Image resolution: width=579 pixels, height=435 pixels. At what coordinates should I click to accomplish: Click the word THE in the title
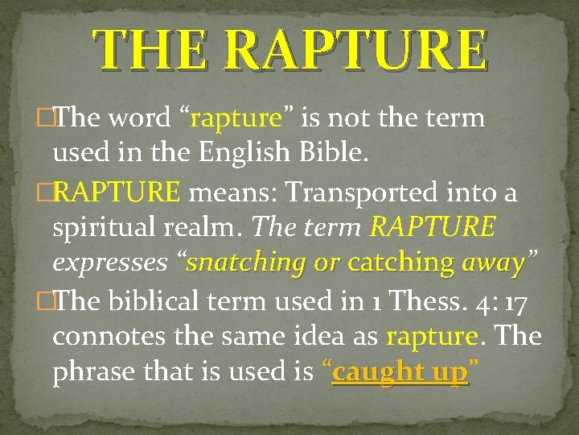coord(153,49)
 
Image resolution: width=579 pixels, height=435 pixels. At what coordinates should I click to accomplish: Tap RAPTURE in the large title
coord(355,49)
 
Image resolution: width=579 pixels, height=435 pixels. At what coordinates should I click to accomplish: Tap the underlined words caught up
coord(400,373)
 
